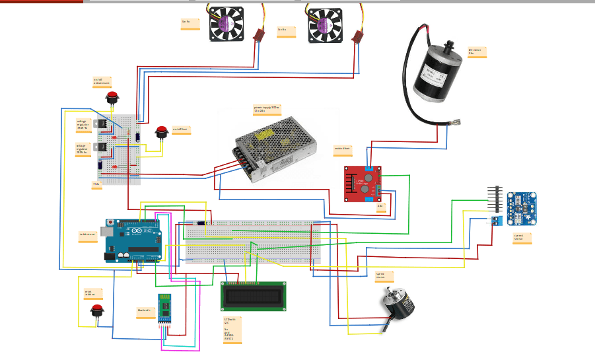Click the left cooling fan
point(227,25)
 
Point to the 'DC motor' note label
point(477,52)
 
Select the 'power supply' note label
point(267,109)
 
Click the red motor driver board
point(363,184)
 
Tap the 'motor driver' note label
point(342,149)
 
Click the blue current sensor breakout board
point(521,208)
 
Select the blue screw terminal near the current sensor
point(494,221)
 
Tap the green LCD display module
point(253,297)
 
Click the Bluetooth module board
point(165,310)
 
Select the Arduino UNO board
point(133,241)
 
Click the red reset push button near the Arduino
point(96,311)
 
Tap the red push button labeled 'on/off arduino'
point(112,98)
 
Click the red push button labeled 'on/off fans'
point(161,133)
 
